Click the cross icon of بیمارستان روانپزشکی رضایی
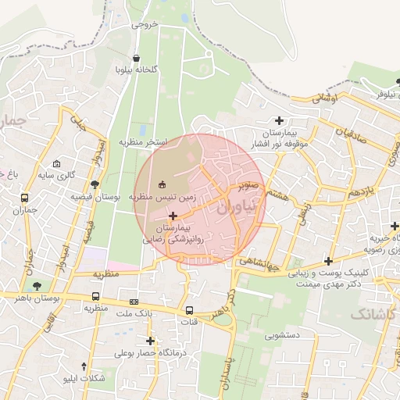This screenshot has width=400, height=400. [x=173, y=215]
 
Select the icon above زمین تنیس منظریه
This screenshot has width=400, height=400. [x=162, y=184]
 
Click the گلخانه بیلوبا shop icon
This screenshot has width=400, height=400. [x=137, y=58]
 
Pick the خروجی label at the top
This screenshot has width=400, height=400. [x=145, y=24]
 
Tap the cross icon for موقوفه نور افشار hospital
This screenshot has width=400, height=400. [x=279, y=120]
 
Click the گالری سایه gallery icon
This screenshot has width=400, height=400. [x=56, y=164]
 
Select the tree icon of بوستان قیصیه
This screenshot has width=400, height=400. [x=95, y=185]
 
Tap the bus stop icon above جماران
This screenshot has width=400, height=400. [x=25, y=198]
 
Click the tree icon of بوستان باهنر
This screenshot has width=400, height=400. [x=37, y=285]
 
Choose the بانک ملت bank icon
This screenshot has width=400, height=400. [x=134, y=301]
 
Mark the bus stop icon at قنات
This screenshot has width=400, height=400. [x=189, y=309]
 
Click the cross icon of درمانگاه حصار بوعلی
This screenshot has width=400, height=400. [x=150, y=341]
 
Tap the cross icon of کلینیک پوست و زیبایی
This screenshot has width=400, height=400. [x=328, y=262]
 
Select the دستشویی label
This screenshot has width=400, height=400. [x=282, y=336]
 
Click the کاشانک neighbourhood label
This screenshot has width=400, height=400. [x=373, y=313]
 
